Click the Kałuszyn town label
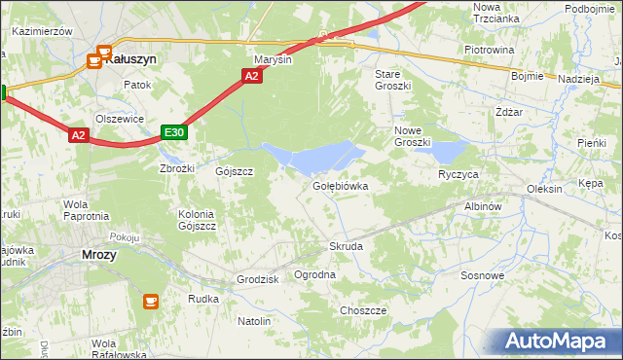click(131, 58)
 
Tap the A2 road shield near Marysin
click(252, 76)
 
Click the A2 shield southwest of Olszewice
click(80, 137)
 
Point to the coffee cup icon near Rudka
click(151, 302)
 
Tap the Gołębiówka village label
click(340, 185)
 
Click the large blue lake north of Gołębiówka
click(316, 156)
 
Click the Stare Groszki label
click(393, 80)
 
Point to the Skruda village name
click(346, 247)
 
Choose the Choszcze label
click(363, 310)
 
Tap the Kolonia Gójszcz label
click(197, 220)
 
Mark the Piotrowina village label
click(489, 50)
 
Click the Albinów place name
click(482, 207)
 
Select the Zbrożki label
click(177, 167)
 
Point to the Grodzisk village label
click(258, 279)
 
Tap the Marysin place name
click(274, 58)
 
